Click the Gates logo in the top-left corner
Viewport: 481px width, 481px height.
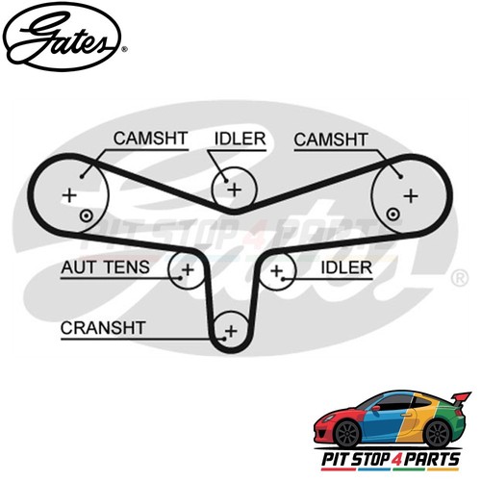(62, 38)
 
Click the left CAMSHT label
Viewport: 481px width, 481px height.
(150, 139)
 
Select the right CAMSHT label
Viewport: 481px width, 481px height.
(331, 139)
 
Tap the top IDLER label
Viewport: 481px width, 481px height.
(240, 139)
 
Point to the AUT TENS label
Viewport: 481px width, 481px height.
(105, 267)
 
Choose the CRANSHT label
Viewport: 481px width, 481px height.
(103, 328)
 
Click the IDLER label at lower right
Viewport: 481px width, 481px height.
(346, 267)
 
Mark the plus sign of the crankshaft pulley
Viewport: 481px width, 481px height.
(231, 331)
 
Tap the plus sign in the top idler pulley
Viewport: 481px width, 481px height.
(235, 190)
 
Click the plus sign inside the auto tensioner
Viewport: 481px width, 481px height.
(188, 269)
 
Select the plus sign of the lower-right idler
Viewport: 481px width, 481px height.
(276, 271)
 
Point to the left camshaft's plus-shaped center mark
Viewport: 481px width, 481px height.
(69, 195)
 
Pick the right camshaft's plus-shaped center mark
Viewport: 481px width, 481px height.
(411, 195)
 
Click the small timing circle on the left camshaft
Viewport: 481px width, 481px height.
(86, 216)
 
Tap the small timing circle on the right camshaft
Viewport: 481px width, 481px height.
(392, 214)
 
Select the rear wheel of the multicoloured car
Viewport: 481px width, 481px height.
(437, 433)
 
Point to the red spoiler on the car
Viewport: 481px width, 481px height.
(461, 398)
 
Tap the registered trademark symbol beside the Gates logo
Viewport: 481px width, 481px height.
(125, 49)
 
